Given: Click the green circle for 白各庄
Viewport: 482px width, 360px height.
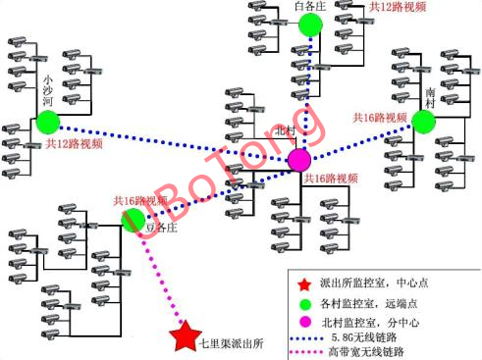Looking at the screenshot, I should [x=310, y=24].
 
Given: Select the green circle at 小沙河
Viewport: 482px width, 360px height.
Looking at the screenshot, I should [x=46, y=122].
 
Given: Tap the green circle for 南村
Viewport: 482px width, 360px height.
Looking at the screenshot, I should [x=423, y=121].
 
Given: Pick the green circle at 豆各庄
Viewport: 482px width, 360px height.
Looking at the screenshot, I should [x=134, y=221].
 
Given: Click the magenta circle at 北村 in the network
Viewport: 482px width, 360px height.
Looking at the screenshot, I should [x=298, y=160].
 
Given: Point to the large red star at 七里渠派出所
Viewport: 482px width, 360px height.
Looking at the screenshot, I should [x=184, y=337].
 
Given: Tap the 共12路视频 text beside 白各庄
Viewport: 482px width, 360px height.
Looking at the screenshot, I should [x=397, y=7].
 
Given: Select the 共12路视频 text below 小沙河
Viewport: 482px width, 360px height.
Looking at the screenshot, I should [x=73, y=143].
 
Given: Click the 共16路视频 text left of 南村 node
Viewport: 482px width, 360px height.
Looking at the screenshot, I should [x=380, y=118].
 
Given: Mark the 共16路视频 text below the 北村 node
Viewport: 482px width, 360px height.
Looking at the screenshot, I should [x=330, y=179].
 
